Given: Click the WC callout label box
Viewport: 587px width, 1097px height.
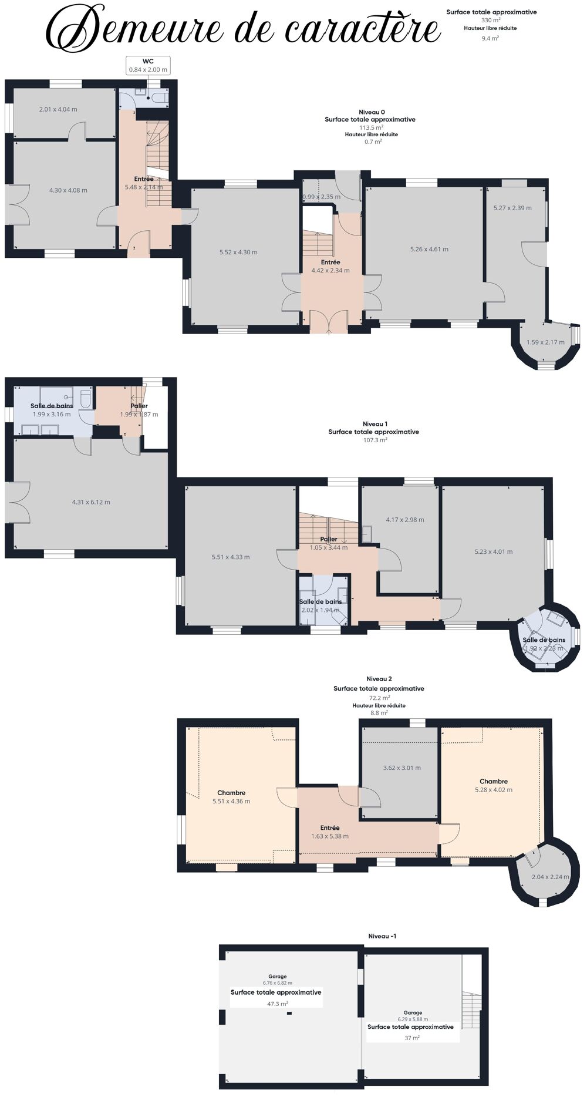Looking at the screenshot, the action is click(x=148, y=65).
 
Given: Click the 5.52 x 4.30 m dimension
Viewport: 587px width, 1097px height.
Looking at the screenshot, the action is click(x=238, y=252).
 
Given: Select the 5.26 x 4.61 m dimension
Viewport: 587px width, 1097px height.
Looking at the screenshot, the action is click(x=429, y=249).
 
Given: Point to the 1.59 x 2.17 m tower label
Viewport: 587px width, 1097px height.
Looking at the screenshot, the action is click(x=545, y=342).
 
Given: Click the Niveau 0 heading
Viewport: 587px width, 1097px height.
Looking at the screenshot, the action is click(x=372, y=112).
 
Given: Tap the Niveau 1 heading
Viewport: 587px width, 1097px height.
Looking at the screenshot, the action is click(x=375, y=424).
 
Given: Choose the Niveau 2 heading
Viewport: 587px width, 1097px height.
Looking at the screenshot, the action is click(x=379, y=679).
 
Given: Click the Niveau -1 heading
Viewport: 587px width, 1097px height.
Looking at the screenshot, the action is click(x=382, y=936).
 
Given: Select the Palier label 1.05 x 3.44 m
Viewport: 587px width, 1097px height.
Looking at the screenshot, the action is click(x=329, y=543).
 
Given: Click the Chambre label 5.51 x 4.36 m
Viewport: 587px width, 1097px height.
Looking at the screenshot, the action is click(x=231, y=797).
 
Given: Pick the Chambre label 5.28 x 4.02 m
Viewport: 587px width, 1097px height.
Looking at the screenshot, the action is click(x=494, y=786).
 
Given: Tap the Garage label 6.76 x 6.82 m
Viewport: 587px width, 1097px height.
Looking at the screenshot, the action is click(x=278, y=980).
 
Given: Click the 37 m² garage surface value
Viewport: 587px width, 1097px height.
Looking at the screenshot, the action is click(x=412, y=1038).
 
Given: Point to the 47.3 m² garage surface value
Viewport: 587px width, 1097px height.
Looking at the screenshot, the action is click(x=278, y=1004).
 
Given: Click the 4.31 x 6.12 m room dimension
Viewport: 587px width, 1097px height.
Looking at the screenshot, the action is click(x=91, y=502).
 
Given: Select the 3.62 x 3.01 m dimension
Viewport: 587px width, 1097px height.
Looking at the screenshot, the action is click(x=402, y=768).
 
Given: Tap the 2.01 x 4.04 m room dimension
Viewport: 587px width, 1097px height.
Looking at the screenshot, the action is click(x=58, y=109).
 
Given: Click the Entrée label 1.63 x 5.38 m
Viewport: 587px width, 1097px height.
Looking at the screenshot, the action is click(x=330, y=832).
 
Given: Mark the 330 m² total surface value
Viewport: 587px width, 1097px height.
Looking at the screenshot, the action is click(x=491, y=20).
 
